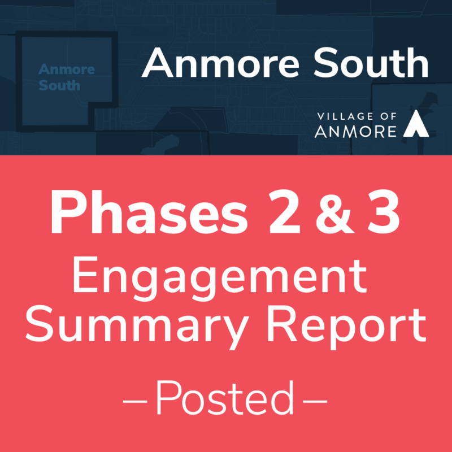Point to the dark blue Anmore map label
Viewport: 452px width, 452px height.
point(67,70)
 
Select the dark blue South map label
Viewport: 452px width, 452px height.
point(59,86)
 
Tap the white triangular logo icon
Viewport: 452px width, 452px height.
point(415,124)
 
